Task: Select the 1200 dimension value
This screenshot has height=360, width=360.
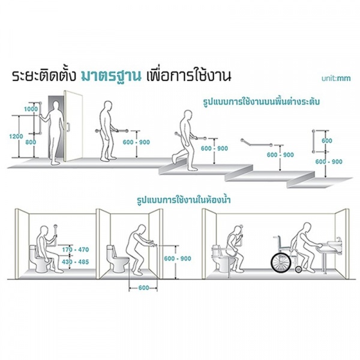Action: [16, 137]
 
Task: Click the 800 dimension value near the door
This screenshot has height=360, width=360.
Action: [31, 142]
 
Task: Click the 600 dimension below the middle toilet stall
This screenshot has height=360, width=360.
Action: [142, 288]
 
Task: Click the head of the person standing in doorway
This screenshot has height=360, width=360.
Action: [56, 106]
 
